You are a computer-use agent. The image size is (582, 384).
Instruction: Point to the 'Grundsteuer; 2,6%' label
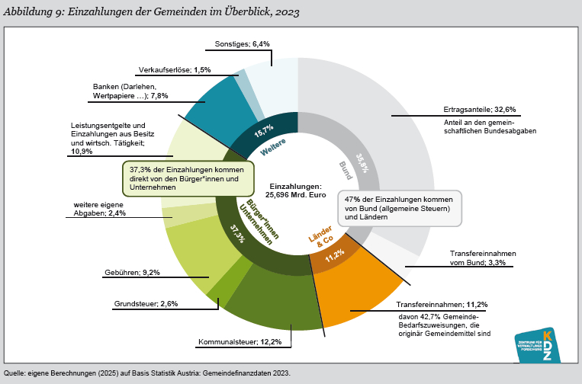[x=146, y=303]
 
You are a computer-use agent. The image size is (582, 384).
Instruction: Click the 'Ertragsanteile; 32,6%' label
[x=480, y=109]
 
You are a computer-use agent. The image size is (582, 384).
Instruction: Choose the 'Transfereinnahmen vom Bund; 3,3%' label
[x=484, y=258]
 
